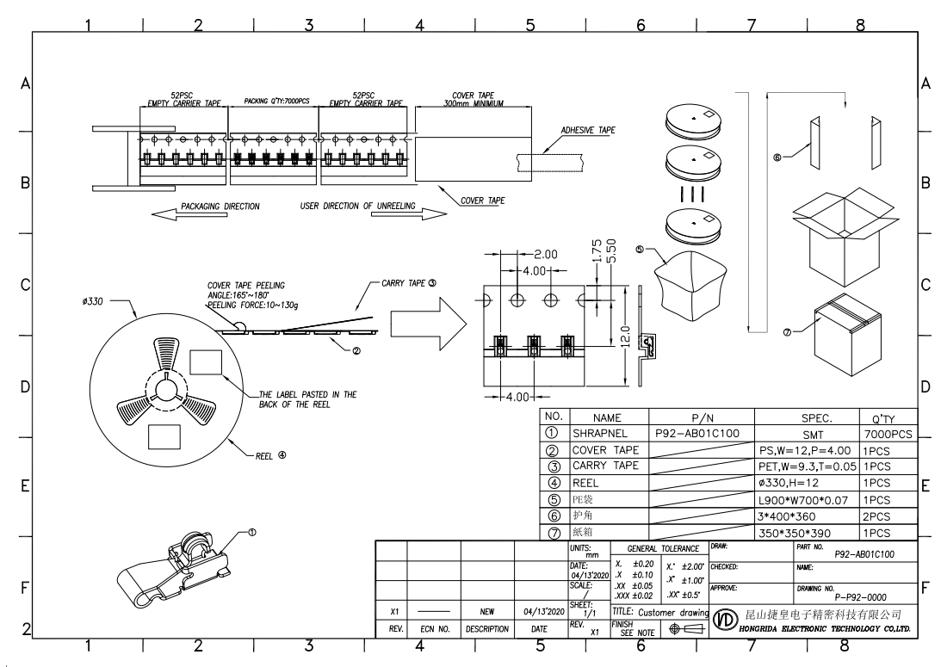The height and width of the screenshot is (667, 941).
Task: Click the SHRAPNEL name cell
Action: pos(602,433)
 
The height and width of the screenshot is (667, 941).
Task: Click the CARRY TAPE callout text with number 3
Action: pos(409,282)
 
